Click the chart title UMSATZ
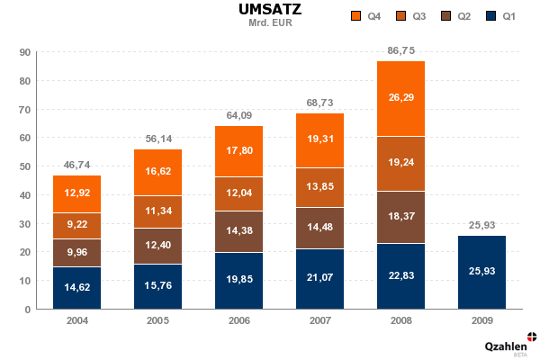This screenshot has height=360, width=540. (270, 10)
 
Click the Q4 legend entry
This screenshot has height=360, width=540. (367, 17)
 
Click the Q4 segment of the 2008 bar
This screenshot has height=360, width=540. (401, 98)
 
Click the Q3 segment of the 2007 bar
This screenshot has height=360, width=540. (320, 187)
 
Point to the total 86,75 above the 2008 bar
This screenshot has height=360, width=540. (401, 51)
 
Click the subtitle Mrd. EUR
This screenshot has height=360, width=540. (270, 22)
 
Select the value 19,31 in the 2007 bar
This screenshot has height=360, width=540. (320, 139)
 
